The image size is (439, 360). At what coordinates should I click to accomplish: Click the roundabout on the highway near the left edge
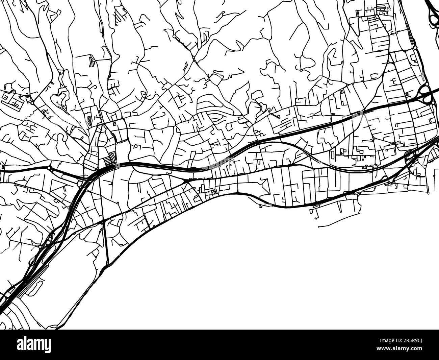[49, 168]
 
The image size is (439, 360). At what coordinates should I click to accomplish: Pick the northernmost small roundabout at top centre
[174, 36]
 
